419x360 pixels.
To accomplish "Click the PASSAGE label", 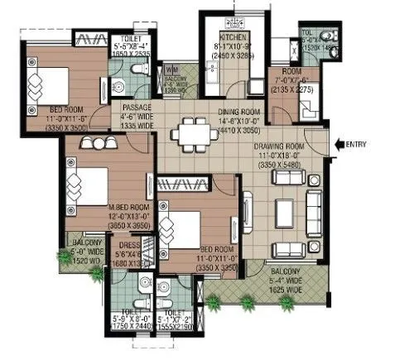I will [x=135, y=108].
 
